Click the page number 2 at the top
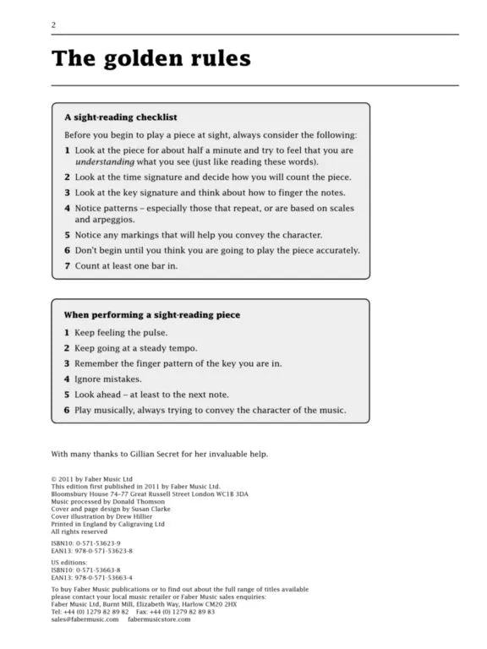tap(53, 25)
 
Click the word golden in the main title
tap(147, 58)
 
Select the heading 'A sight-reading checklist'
tap(120, 117)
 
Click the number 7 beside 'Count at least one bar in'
tap(68, 265)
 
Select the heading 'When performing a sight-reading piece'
tap(152, 314)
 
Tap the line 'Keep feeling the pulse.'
tap(121, 332)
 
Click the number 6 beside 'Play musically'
tap(68, 410)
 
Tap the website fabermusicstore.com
tap(159, 619)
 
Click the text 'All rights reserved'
tap(79, 532)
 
